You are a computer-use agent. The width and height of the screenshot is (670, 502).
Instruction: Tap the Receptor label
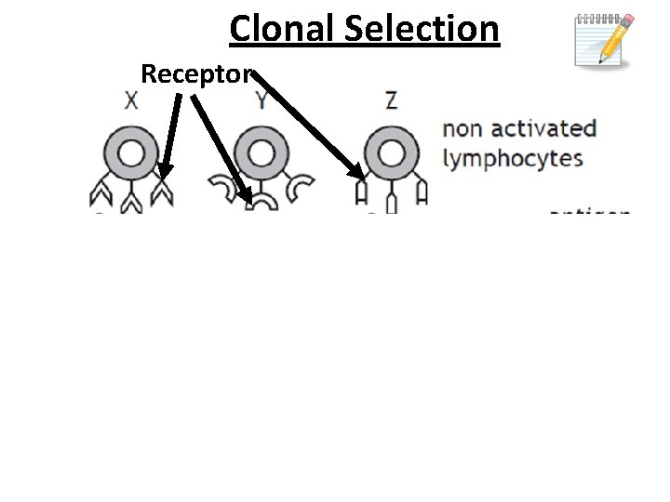coord(193,73)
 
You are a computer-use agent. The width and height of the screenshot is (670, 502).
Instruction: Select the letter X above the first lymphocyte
coord(131,100)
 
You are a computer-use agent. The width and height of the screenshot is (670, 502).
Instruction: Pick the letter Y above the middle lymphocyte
coord(261,100)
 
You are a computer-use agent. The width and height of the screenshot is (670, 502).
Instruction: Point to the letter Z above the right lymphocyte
coord(391,100)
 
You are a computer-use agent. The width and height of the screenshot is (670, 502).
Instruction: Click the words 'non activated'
coord(519,128)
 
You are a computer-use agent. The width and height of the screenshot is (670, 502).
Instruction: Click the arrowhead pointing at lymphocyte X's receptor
coord(164,169)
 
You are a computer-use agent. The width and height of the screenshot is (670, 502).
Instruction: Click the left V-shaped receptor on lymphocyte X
coord(99,193)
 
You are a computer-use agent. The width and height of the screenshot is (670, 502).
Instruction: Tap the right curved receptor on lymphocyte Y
coord(299,191)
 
